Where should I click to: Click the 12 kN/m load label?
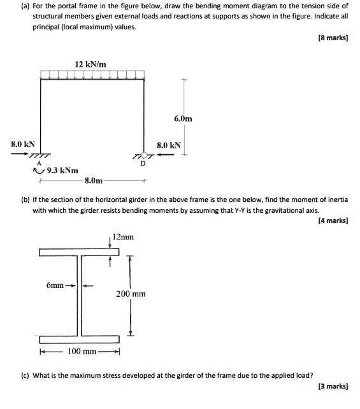tap(90, 64)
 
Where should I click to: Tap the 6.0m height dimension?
tap(182, 118)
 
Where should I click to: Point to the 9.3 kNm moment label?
tap(63, 171)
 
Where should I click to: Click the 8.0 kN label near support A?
tap(23, 145)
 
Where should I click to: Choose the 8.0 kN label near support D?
tap(169, 145)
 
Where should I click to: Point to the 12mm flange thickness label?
tap(123, 237)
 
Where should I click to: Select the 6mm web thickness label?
tap(55, 285)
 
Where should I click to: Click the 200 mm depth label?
tap(131, 294)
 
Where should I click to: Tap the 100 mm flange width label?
tap(82, 352)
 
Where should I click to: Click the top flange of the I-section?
tap(79, 252)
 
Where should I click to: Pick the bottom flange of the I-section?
tap(79, 338)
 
